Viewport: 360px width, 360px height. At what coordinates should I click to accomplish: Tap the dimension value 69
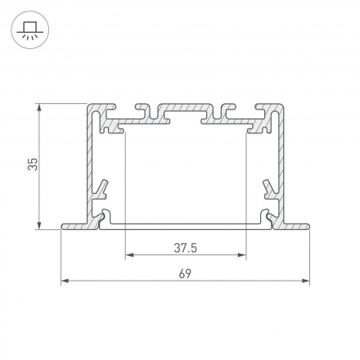tap(185, 273)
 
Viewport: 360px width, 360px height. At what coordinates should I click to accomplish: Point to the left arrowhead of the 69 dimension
tap(65, 281)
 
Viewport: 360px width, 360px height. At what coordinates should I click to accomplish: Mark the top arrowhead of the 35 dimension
tap(39, 107)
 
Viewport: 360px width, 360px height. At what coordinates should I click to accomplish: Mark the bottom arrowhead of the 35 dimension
tap(39, 225)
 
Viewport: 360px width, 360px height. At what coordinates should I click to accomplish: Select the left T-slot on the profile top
tap(143, 110)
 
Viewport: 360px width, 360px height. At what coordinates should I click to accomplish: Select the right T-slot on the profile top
tap(227, 110)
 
